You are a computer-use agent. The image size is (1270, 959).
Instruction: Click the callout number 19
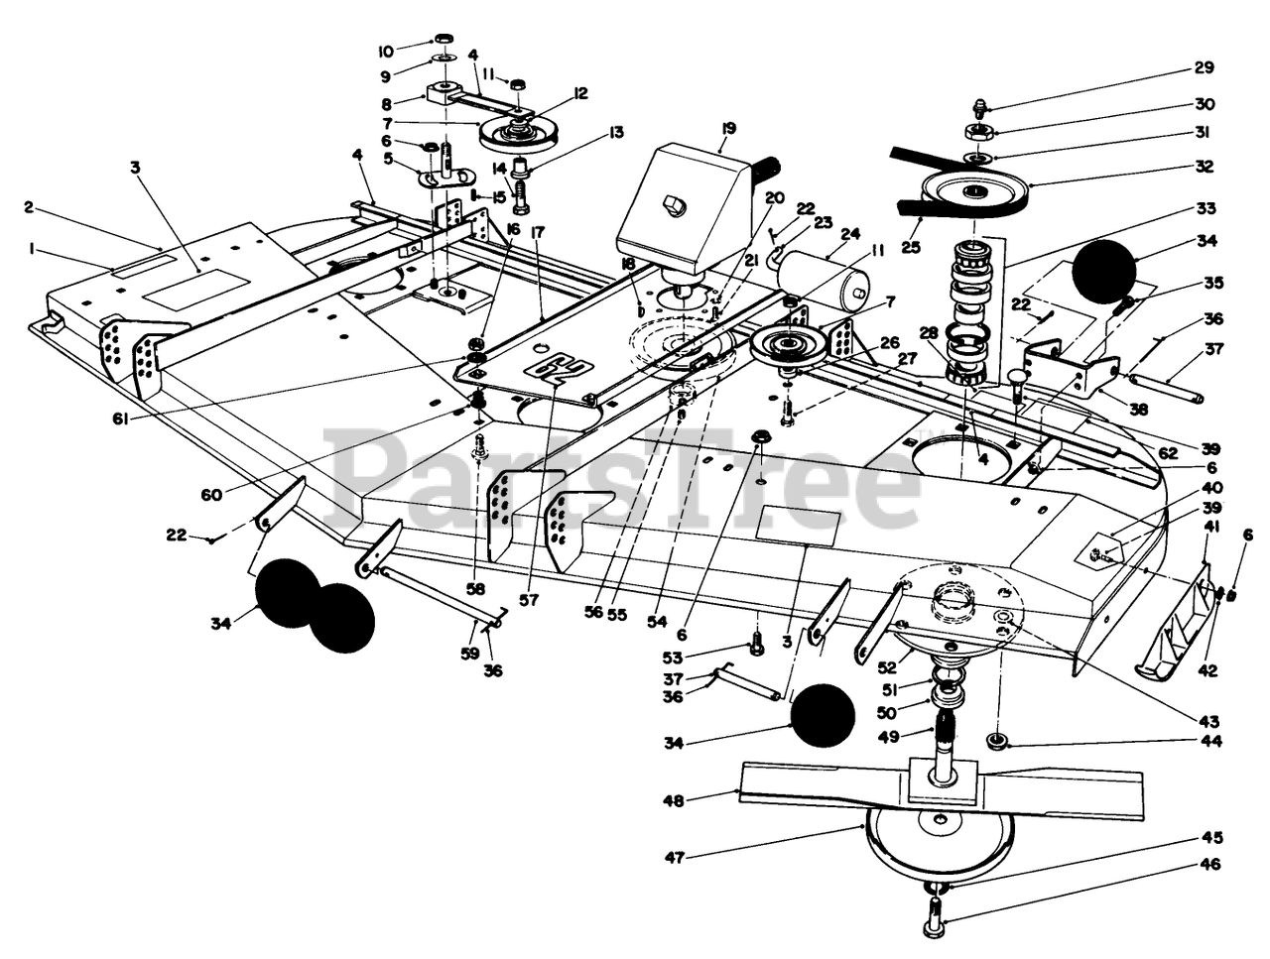pos(728,127)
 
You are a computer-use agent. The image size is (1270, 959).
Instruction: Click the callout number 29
pos(1204,68)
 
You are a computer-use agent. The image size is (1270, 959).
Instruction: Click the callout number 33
pos(1206,208)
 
